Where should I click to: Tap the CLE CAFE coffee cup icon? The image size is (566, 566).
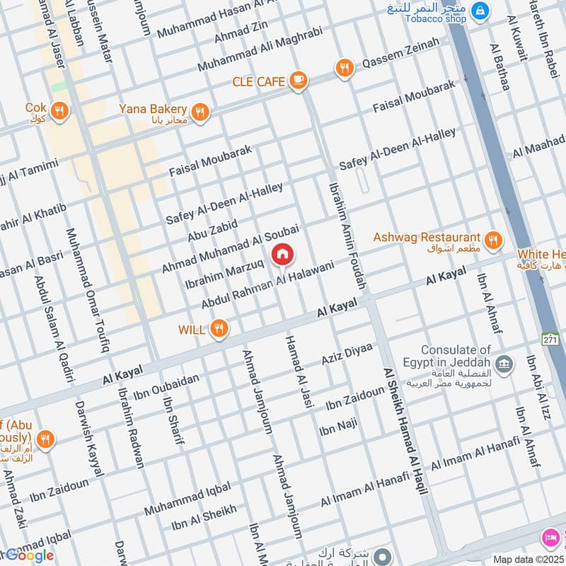(299, 81)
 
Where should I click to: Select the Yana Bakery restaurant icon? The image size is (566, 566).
(201, 111)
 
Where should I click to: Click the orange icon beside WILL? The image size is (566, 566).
(220, 328)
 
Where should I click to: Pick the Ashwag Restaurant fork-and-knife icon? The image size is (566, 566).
(494, 240)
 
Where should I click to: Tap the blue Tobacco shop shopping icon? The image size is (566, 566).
(481, 11)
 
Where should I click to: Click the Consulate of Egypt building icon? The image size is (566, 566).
(504, 366)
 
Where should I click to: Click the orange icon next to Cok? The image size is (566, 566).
(59, 111)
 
